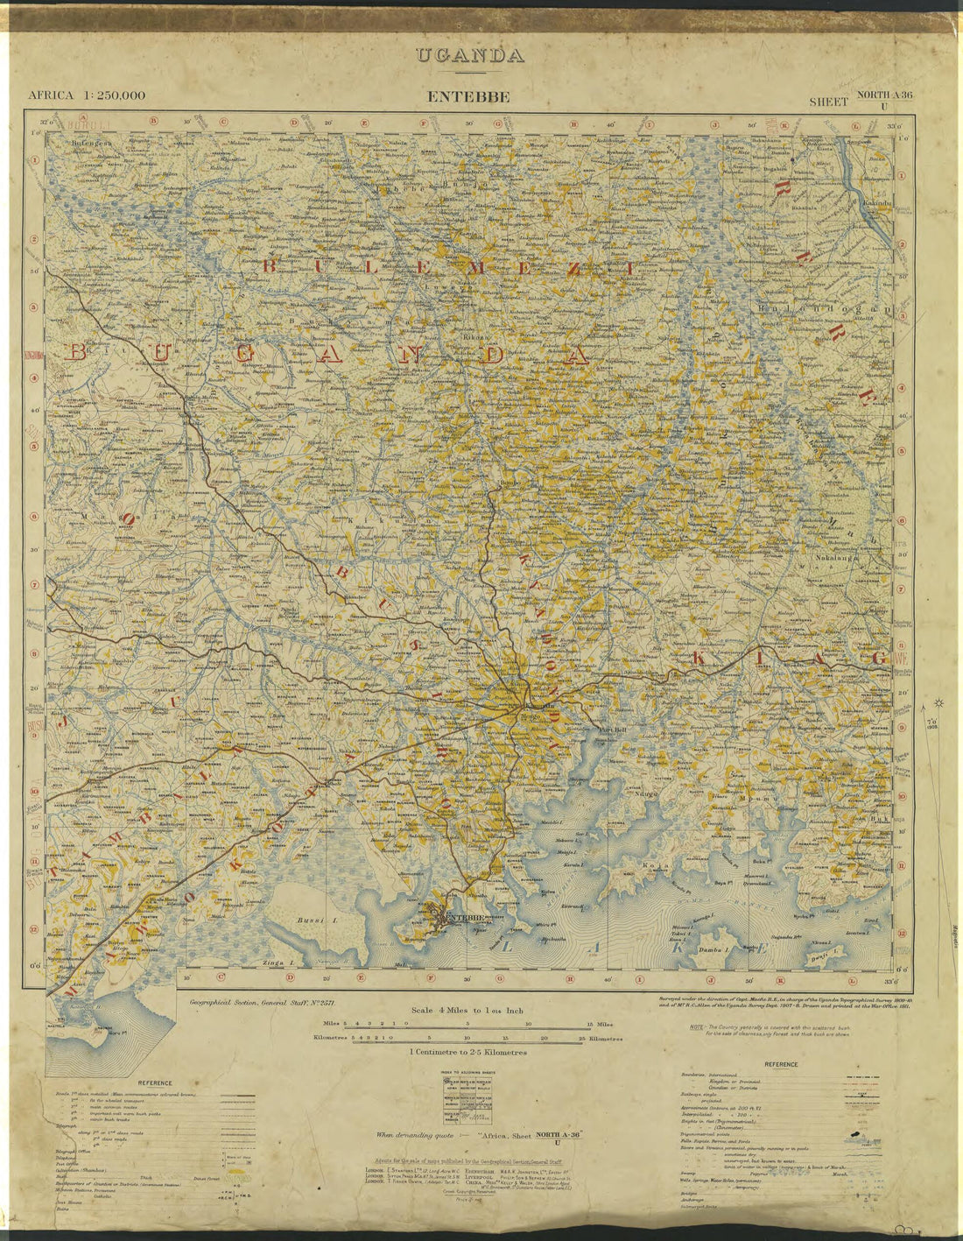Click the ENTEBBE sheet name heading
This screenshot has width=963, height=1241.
468,96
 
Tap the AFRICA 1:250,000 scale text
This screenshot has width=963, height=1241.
87,95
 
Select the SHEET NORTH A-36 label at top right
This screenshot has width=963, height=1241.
861,100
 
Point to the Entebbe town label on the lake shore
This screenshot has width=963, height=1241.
465,918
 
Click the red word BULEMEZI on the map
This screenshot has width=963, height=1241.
447,268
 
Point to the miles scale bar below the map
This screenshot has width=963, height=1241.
465,1023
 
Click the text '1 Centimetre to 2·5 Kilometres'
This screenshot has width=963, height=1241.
467,1052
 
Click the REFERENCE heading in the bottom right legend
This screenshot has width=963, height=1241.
780,1065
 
